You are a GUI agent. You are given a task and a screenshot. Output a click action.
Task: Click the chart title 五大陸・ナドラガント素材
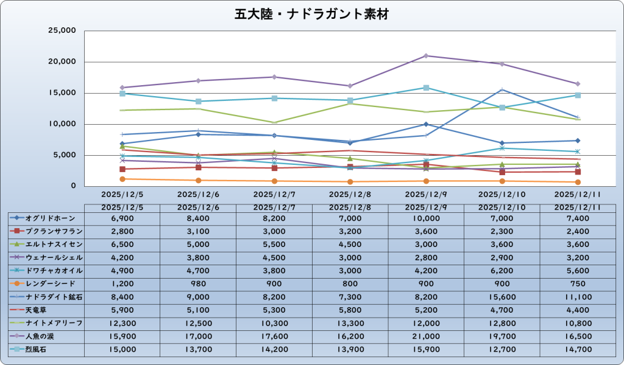click(x=311, y=14)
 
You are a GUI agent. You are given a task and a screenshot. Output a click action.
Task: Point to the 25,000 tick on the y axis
click(x=61, y=31)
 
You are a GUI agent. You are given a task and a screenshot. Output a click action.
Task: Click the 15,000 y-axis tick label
click(x=61, y=93)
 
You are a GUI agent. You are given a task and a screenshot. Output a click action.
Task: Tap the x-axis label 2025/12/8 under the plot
click(x=350, y=195)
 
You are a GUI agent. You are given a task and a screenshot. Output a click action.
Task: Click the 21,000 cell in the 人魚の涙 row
click(x=426, y=336)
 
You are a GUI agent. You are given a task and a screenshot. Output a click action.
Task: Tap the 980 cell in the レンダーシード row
click(x=198, y=283)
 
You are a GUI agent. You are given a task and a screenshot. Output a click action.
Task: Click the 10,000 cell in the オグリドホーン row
click(x=426, y=218)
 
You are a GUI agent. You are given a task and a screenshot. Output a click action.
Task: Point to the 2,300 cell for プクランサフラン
click(x=502, y=231)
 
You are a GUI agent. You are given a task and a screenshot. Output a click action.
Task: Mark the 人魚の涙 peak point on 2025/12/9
click(x=426, y=56)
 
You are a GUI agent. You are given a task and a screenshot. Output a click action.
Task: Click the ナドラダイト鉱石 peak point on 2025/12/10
click(x=502, y=89)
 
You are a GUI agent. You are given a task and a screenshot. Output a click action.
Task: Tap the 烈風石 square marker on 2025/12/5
click(x=122, y=93)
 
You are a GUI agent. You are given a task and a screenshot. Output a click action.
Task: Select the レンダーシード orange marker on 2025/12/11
click(x=578, y=182)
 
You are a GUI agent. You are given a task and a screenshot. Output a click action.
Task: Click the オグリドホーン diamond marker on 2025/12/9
click(x=426, y=124)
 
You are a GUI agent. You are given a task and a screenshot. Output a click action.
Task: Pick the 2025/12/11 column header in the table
click(x=578, y=207)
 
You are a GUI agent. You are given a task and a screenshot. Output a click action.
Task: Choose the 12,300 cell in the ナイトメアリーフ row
click(x=122, y=323)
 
